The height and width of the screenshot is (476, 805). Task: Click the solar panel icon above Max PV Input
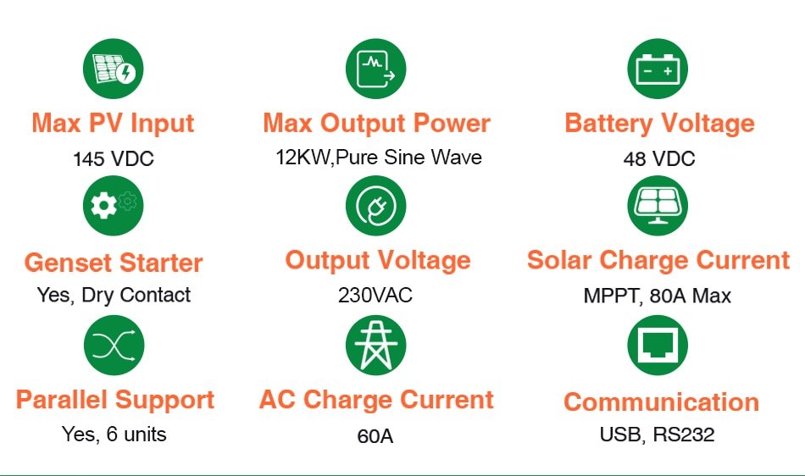pyautogui.click(x=113, y=69)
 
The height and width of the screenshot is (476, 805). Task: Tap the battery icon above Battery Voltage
pyautogui.click(x=658, y=69)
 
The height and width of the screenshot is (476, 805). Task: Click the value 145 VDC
pyautogui.click(x=114, y=159)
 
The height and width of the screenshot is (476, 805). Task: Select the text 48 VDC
pyautogui.click(x=658, y=159)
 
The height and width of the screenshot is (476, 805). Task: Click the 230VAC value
pyautogui.click(x=375, y=296)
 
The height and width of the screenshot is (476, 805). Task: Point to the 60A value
pyautogui.click(x=375, y=437)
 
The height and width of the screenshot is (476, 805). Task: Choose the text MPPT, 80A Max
pyautogui.click(x=658, y=296)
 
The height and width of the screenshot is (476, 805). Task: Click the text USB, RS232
pyautogui.click(x=658, y=435)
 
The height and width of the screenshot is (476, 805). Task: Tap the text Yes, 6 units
pyautogui.click(x=114, y=434)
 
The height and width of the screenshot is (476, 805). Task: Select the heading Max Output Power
pyautogui.click(x=376, y=124)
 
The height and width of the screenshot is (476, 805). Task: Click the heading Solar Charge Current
pyautogui.click(x=658, y=260)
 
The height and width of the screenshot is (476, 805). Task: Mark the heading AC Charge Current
pyautogui.click(x=376, y=400)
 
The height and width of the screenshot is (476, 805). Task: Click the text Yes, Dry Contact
pyautogui.click(x=114, y=296)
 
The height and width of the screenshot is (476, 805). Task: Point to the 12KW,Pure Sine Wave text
pyautogui.click(x=379, y=158)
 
